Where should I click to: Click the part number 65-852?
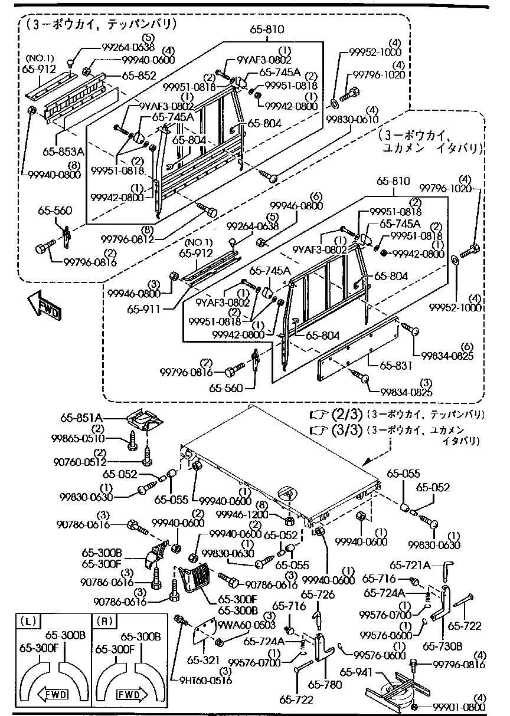point(139,75)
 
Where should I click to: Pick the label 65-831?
point(395,366)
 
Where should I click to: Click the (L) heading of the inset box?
point(28,620)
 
